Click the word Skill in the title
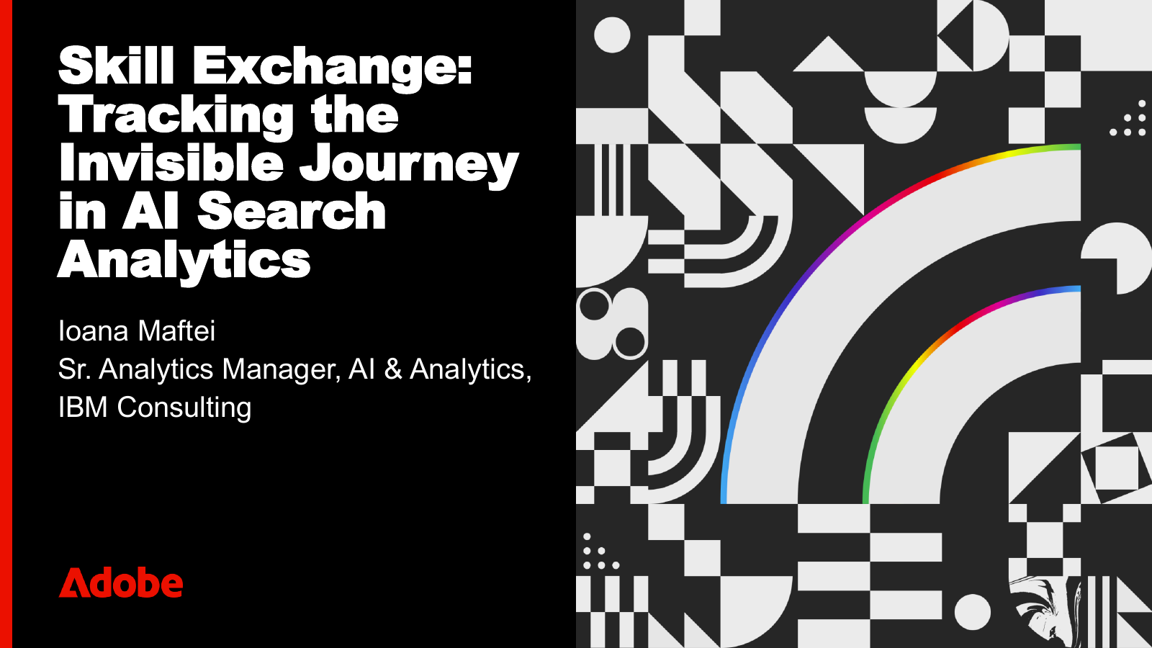tap(116, 66)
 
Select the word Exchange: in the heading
tap(332, 68)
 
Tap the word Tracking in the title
tap(176, 115)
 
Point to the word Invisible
tap(171, 163)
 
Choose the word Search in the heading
tap(292, 212)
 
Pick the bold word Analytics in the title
tap(184, 261)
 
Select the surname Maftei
tap(176, 331)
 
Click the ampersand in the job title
tap(392, 369)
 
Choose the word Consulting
tap(184, 408)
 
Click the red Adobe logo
tap(121, 583)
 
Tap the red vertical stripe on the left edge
tap(6, 324)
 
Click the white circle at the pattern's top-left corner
tap(612, 35)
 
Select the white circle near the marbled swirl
tap(972, 612)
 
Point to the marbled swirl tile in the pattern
tap(1044, 612)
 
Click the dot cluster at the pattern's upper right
tap(1129, 120)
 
